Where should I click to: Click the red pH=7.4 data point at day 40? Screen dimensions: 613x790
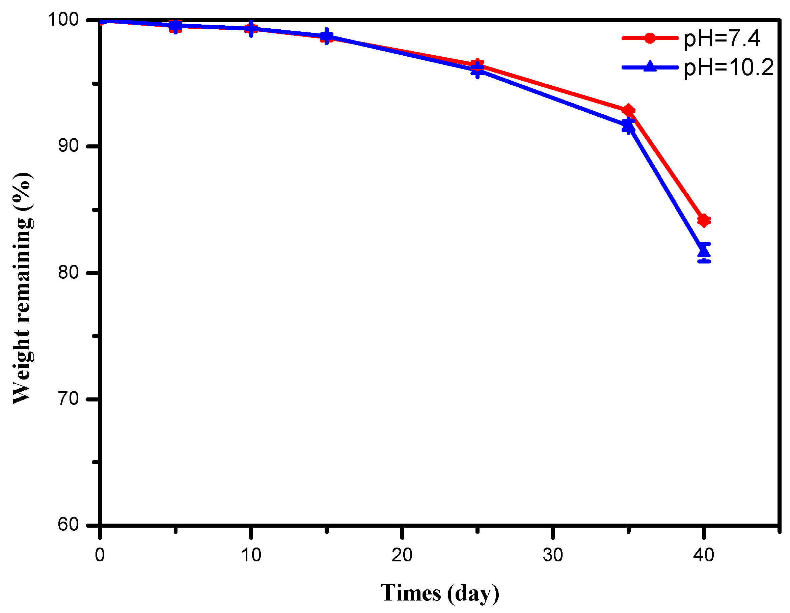704,220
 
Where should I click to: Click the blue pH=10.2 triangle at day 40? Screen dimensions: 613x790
704,250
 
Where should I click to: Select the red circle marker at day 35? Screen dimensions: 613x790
628,110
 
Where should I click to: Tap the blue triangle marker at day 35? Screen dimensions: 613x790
628,126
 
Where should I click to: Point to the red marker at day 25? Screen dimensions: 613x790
478,64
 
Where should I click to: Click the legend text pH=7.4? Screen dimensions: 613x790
721,38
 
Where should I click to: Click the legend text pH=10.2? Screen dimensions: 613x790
728,67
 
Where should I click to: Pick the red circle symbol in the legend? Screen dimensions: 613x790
650,38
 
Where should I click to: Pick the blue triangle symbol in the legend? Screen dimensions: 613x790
650,66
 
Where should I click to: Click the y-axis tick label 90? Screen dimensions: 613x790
69,145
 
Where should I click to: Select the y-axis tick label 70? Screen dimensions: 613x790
69,398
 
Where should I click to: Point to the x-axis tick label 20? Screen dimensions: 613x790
402,555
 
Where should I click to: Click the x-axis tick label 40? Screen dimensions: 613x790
704,555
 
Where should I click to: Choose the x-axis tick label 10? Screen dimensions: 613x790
251,555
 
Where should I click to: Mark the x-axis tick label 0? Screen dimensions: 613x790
100,555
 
